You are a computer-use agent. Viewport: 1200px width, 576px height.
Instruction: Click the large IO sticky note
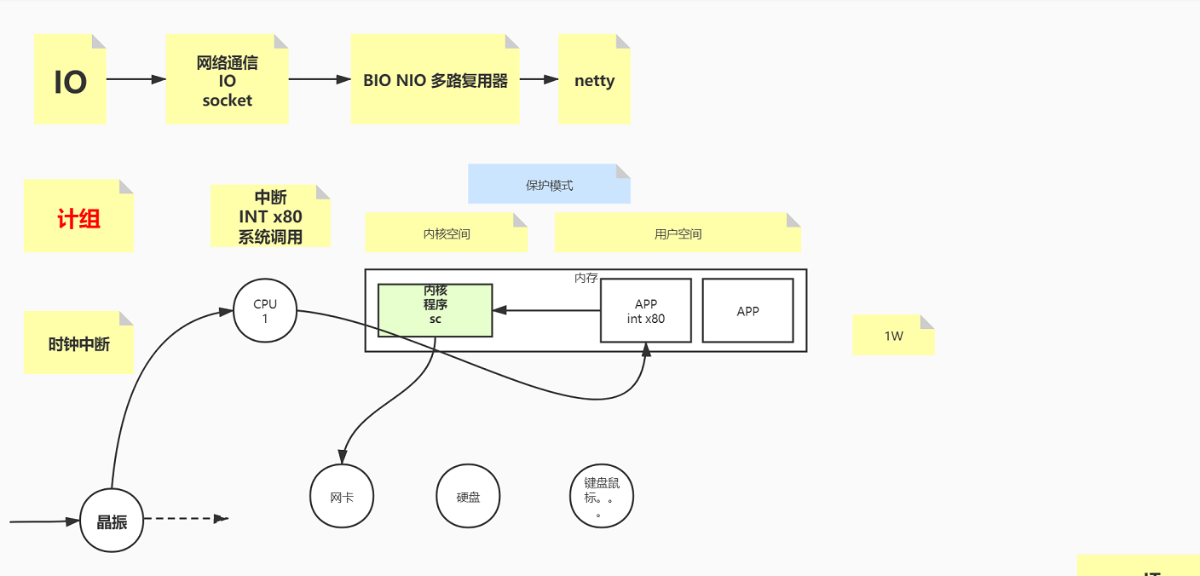click(x=70, y=81)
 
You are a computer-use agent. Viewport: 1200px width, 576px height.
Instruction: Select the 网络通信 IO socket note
click(x=227, y=81)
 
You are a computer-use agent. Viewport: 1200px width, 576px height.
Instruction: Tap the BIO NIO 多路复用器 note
click(x=435, y=81)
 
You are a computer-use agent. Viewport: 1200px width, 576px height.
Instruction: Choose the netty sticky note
click(x=594, y=81)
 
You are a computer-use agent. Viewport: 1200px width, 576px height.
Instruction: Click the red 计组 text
click(x=78, y=219)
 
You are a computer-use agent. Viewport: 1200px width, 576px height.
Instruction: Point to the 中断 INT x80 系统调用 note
click(x=270, y=217)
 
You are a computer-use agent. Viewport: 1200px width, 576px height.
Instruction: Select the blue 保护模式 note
click(x=549, y=185)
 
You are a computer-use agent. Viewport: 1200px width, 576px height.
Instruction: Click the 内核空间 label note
click(x=447, y=233)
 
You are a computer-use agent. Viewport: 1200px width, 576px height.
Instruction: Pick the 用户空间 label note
click(x=678, y=233)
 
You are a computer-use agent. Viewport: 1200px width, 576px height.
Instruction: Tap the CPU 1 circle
click(x=265, y=311)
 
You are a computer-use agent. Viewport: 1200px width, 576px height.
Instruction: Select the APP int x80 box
click(x=645, y=311)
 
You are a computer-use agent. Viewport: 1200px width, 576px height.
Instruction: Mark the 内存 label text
click(x=586, y=278)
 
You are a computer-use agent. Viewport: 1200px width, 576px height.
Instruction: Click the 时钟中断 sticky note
click(x=78, y=344)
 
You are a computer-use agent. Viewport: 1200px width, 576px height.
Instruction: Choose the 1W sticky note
click(x=893, y=336)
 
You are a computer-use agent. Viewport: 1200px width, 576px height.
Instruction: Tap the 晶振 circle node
click(x=112, y=521)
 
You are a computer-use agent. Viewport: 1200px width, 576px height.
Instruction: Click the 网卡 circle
click(x=342, y=497)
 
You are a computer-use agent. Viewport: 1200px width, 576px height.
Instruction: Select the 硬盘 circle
click(x=468, y=497)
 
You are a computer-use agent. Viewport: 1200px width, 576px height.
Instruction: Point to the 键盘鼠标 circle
click(x=602, y=496)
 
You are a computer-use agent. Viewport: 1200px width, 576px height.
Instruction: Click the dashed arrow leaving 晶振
click(x=183, y=518)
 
